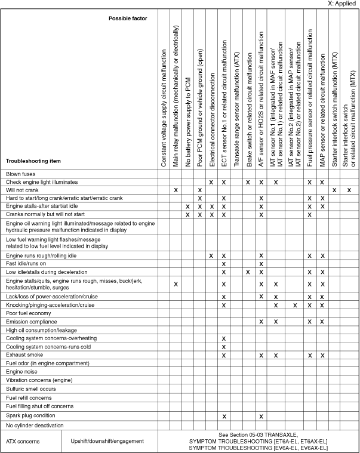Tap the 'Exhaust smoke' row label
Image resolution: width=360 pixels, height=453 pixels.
coord(23,355)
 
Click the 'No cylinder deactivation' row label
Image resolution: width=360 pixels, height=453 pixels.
coord(33,425)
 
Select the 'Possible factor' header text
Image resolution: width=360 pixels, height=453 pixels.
coord(128,19)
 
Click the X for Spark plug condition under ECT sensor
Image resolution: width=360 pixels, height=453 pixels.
coord(223,416)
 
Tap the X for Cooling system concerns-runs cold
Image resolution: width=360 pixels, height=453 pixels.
coord(223,346)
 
